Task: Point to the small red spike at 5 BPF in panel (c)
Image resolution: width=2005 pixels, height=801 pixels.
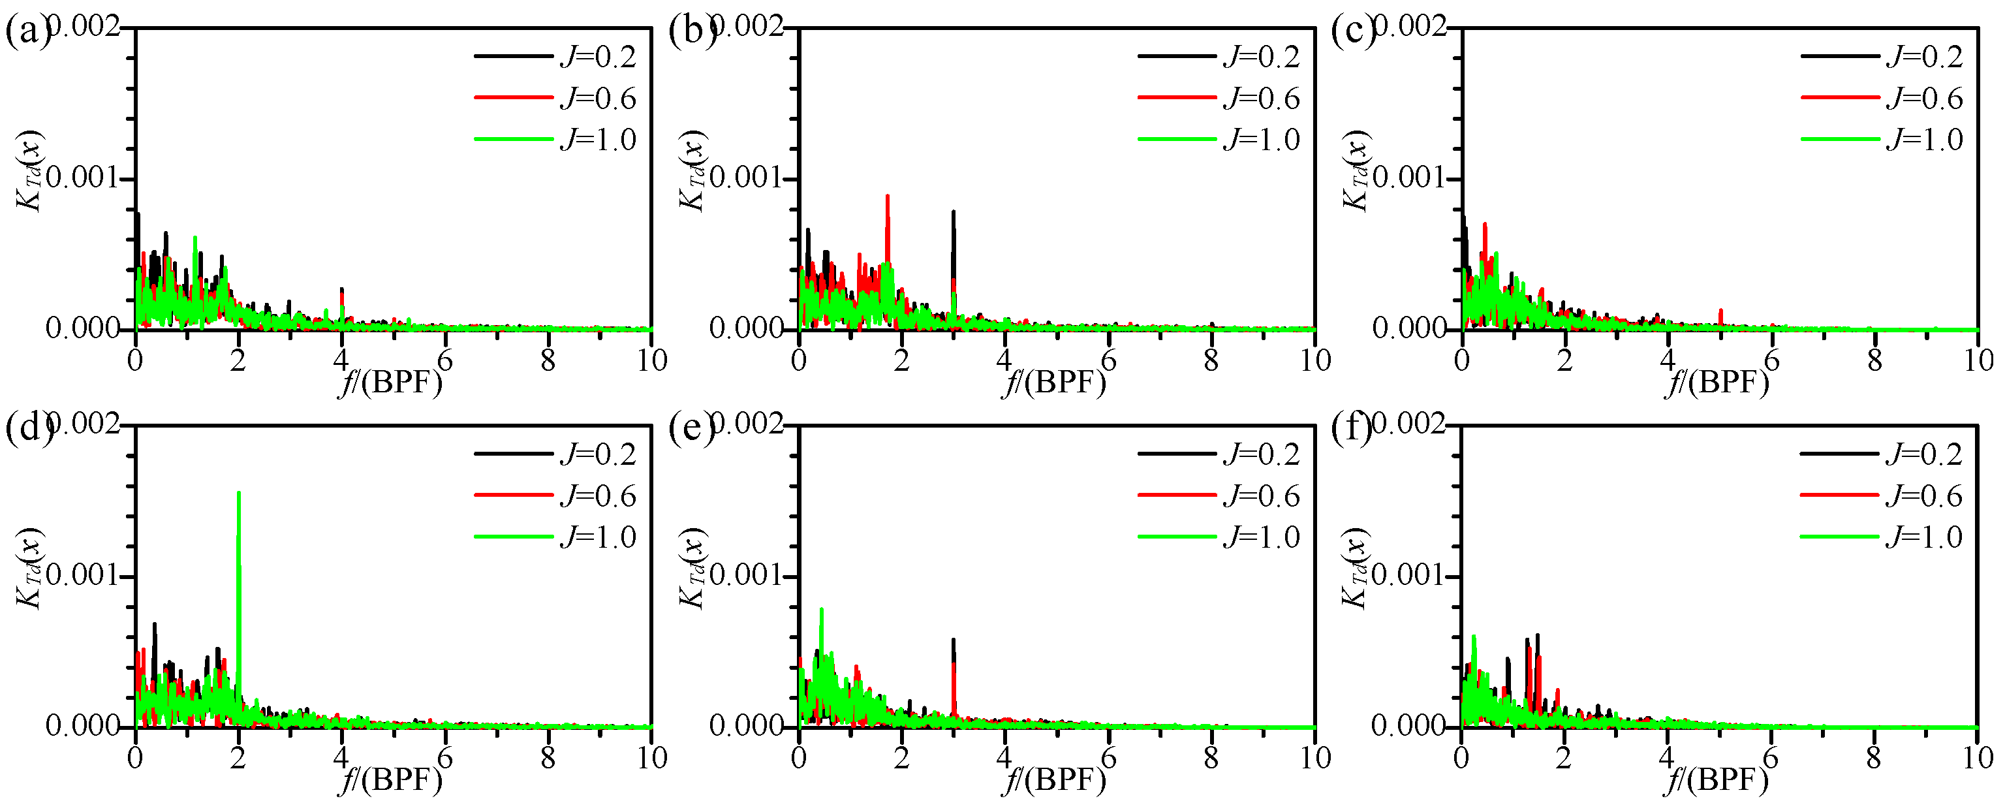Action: pyautogui.click(x=1721, y=316)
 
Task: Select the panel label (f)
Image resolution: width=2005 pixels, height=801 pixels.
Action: pyautogui.click(x=1351, y=429)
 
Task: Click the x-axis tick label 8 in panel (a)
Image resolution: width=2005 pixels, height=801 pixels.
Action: pyautogui.click(x=549, y=360)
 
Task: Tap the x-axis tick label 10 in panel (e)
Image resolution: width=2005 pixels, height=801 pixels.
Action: pyautogui.click(x=1315, y=757)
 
